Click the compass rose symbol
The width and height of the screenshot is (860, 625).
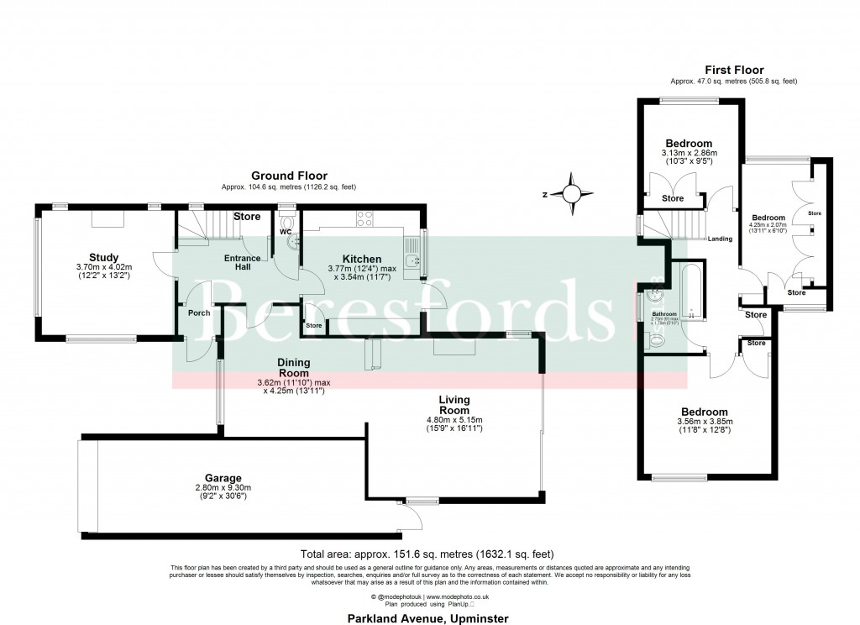click(x=571, y=192)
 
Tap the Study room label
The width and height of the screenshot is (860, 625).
click(x=104, y=257)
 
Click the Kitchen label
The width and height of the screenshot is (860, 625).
click(x=361, y=259)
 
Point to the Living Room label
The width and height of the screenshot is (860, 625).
click(x=454, y=405)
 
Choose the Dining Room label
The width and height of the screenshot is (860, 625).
click(x=294, y=368)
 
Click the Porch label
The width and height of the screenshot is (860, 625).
click(x=199, y=313)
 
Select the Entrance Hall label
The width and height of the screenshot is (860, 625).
click(x=242, y=262)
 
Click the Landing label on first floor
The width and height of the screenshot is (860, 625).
click(x=720, y=239)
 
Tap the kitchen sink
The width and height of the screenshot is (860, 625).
click(x=412, y=260)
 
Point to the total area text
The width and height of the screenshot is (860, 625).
click(x=427, y=554)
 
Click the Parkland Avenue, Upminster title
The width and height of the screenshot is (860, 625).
click(x=428, y=617)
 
